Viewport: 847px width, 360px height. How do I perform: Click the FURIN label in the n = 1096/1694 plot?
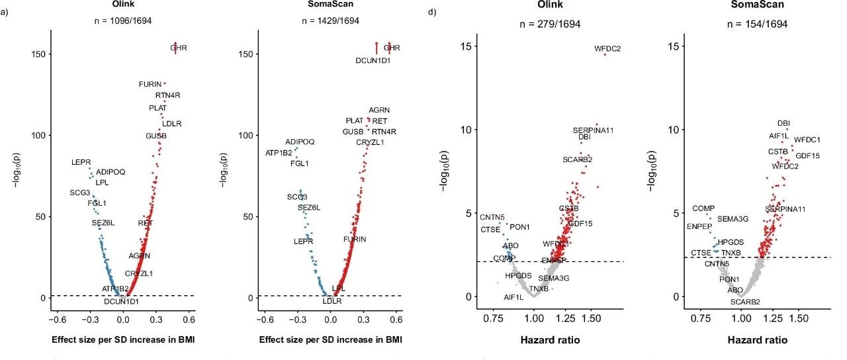150,84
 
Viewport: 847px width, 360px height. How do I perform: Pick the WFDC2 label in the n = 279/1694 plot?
607,48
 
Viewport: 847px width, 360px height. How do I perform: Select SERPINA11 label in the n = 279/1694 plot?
593,130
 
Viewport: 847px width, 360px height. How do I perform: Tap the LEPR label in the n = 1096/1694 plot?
81,162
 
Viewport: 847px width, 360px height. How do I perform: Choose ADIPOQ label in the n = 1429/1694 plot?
300,142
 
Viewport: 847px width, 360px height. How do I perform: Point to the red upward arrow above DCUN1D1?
377,47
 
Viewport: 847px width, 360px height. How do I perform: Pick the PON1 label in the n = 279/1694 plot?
519,227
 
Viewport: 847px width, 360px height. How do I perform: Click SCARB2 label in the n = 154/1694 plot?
745,302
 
